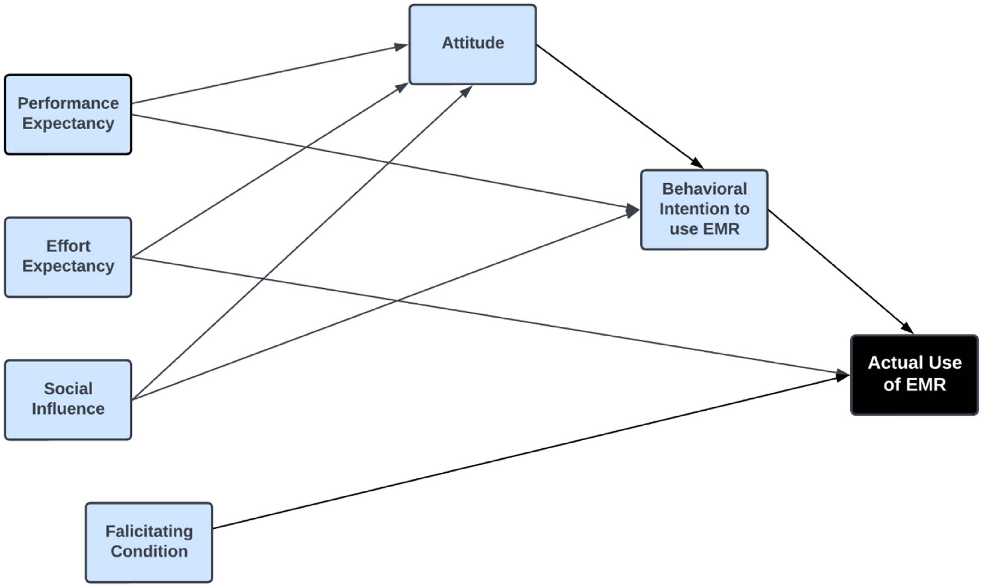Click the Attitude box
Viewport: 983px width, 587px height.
click(x=472, y=44)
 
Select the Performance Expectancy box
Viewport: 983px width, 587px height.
click(x=68, y=114)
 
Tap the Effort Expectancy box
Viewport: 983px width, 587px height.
click(x=68, y=257)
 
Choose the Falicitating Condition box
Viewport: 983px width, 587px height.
click(x=149, y=542)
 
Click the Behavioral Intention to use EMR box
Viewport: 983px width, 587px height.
click(x=704, y=210)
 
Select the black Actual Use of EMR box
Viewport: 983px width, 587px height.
click(x=914, y=375)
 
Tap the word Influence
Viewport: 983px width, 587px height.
click(x=68, y=409)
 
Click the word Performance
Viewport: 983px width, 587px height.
click(x=68, y=103)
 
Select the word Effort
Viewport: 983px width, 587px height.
click(x=68, y=246)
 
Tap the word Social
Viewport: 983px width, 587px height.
click(x=68, y=389)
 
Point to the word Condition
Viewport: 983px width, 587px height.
click(x=149, y=551)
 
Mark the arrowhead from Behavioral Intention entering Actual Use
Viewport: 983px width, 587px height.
click(x=907, y=328)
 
